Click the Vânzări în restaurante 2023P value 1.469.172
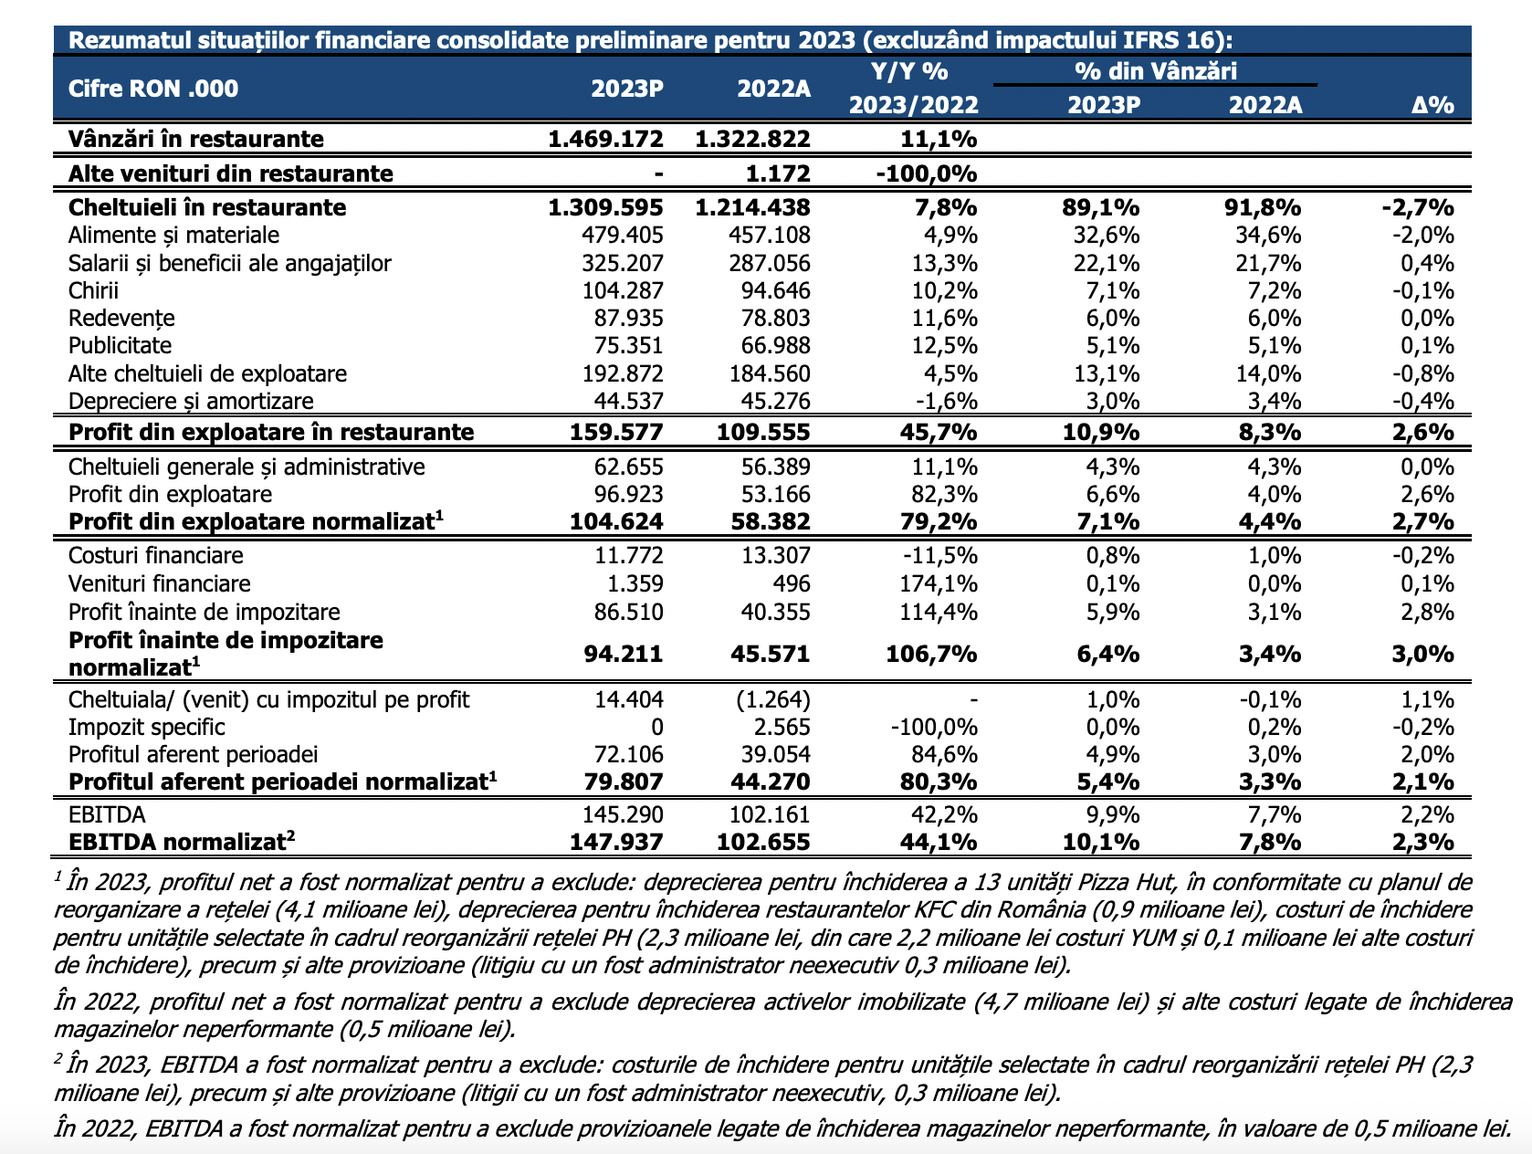tap(605, 139)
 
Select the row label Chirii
tap(93, 290)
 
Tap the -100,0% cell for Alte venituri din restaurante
tap(926, 173)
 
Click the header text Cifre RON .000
tap(153, 89)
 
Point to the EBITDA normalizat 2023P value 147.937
tap(616, 842)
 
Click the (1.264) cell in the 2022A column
tap(772, 699)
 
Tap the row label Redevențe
tap(121, 318)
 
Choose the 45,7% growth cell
tap(938, 432)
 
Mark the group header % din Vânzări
tap(1155, 70)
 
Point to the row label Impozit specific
tap(147, 727)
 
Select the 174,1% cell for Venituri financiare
tap(938, 583)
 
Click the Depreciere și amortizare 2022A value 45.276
tap(775, 401)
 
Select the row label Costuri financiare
tap(155, 555)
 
